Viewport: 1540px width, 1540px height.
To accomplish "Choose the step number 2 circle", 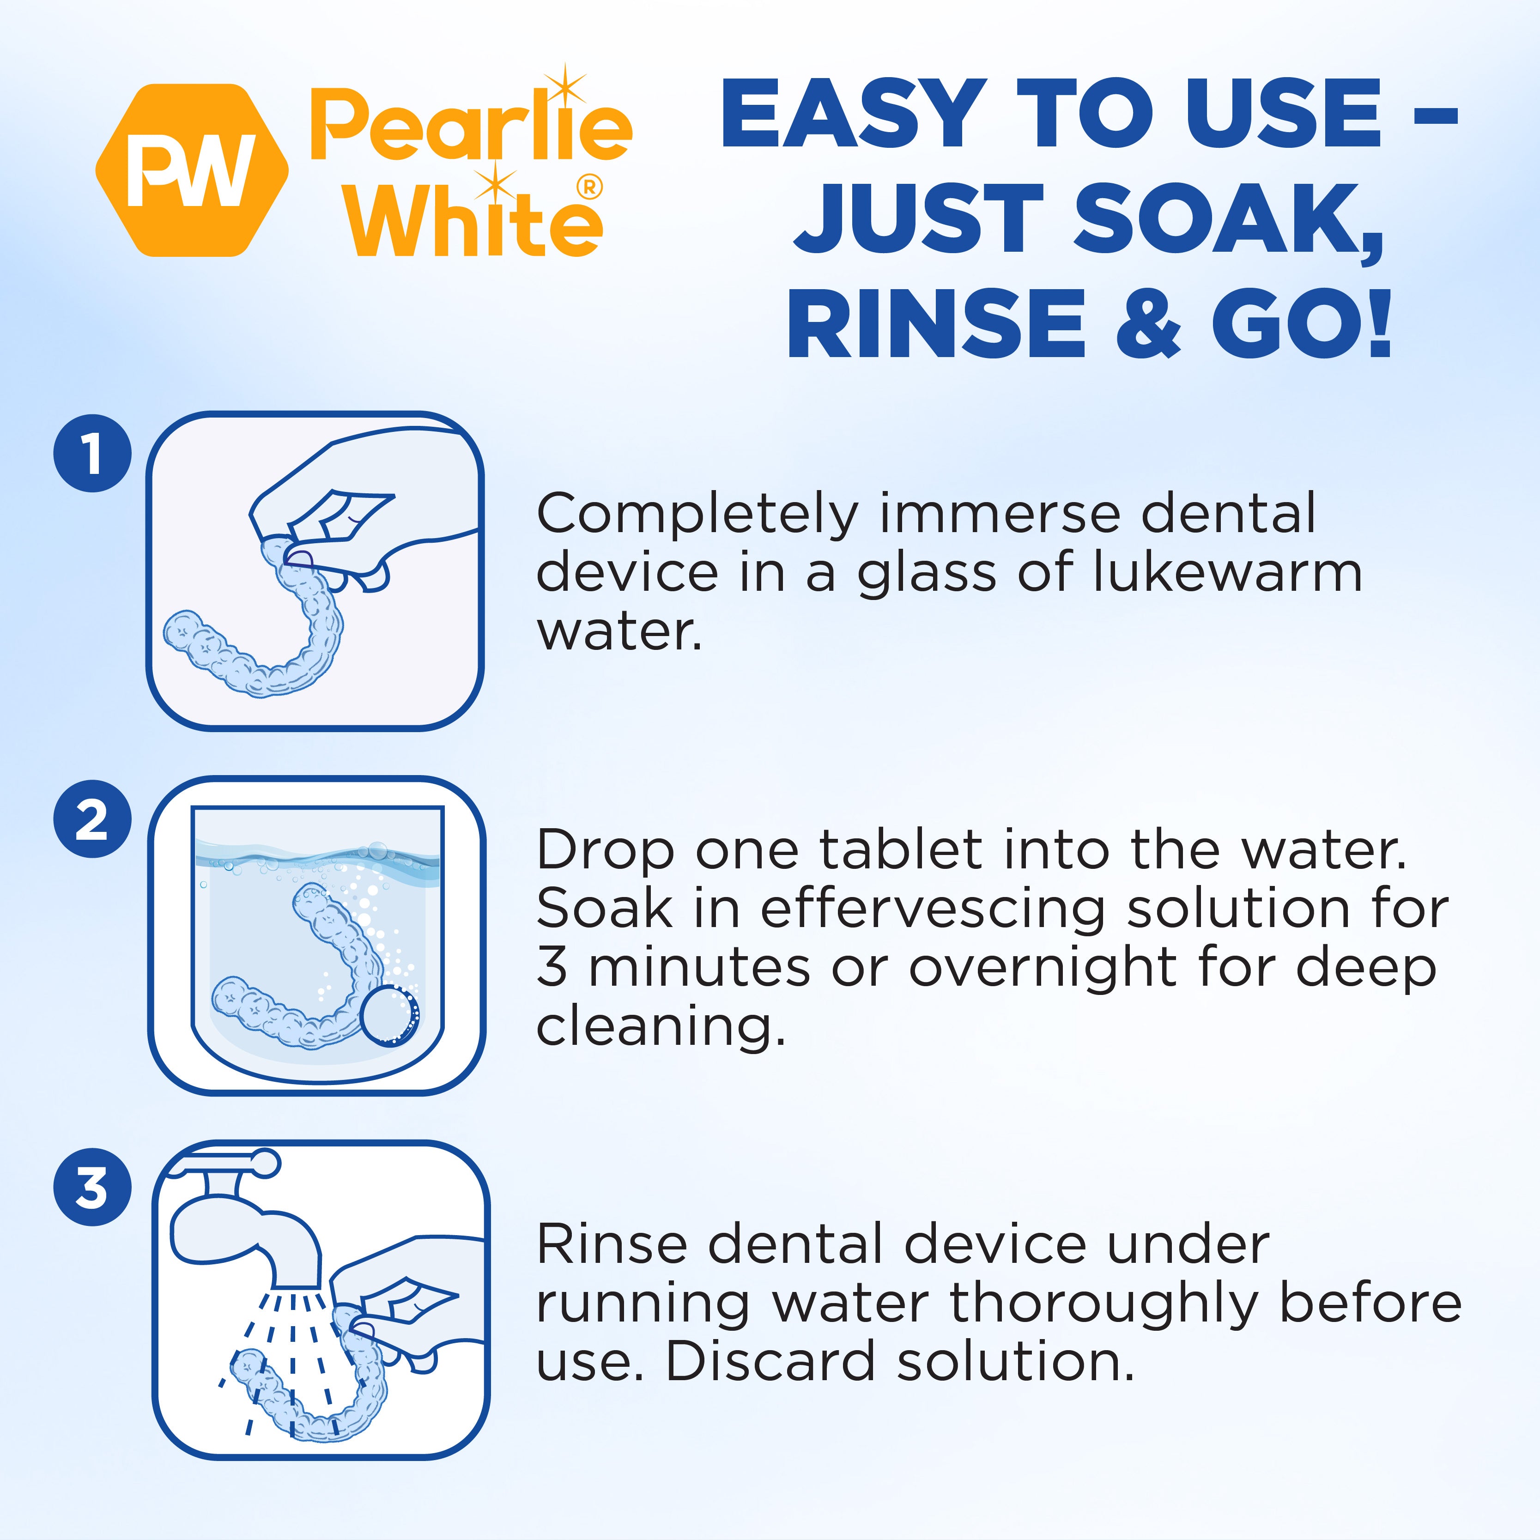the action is click(x=92, y=819).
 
